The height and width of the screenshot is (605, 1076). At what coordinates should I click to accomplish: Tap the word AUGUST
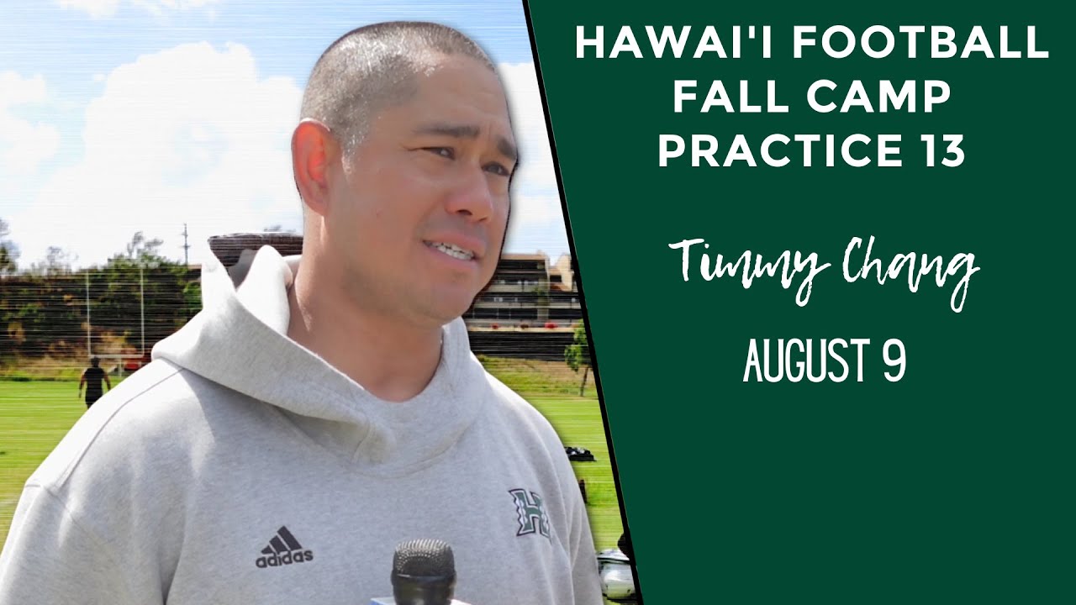[x=803, y=362]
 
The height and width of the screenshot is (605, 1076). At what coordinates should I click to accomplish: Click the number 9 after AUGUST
[x=894, y=362]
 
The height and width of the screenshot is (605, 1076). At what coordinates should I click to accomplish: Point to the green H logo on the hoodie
[x=530, y=512]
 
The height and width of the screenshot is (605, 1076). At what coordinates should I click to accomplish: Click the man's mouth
[x=452, y=250]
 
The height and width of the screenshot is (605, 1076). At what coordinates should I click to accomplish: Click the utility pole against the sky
[x=186, y=244]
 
